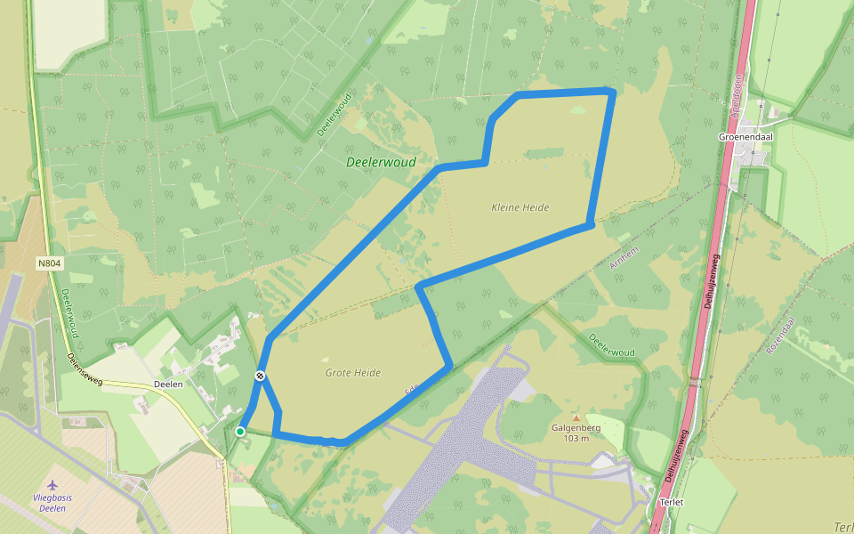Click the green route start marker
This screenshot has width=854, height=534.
tap(240, 432)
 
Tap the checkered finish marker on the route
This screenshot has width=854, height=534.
tap(260, 376)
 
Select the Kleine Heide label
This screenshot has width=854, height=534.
tap(520, 207)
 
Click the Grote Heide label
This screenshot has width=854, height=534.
tap(353, 373)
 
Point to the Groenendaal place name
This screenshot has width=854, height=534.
tap(745, 137)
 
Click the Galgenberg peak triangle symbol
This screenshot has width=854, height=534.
tap(576, 417)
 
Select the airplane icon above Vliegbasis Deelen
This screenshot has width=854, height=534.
tap(58, 484)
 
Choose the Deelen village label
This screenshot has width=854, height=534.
tap(167, 384)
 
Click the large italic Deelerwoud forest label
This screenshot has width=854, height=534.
tap(381, 163)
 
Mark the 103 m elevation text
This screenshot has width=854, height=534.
tap(576, 439)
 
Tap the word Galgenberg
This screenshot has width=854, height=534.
tap(576, 427)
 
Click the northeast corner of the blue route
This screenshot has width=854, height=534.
tap(611, 92)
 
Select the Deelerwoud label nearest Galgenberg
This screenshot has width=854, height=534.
tap(612, 346)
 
